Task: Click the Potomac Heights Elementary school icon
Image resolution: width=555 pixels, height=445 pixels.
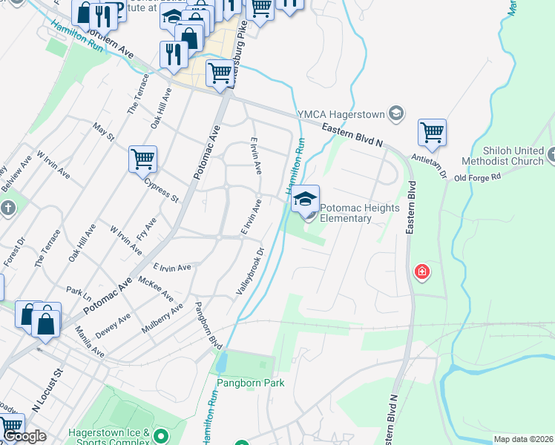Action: point(305,199)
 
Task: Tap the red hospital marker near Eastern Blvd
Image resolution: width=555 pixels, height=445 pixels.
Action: point(422,272)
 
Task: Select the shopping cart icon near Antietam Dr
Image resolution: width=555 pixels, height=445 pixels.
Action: point(432,133)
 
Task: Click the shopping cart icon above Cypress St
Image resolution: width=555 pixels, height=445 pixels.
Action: point(142,159)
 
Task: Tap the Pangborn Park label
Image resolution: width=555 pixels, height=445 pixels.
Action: point(251,383)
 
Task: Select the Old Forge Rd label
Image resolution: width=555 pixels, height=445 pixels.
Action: point(478,177)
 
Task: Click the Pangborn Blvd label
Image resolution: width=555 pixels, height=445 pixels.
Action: point(208,326)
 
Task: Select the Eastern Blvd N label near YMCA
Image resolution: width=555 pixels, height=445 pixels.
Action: point(352,134)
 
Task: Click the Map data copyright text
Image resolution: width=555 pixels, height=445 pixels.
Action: point(524,439)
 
